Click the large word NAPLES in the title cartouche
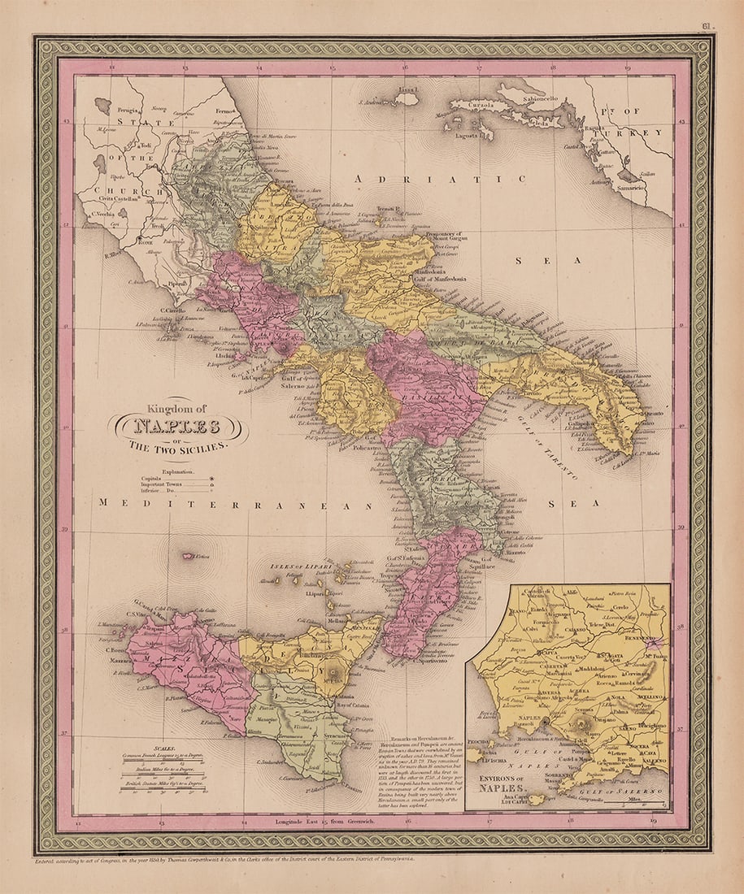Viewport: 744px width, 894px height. coord(177,426)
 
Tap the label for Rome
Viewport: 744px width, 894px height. coord(147,241)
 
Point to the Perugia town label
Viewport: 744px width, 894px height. coord(128,108)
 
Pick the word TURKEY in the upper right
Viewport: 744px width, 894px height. coord(642,132)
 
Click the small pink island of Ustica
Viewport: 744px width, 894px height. coord(189,557)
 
